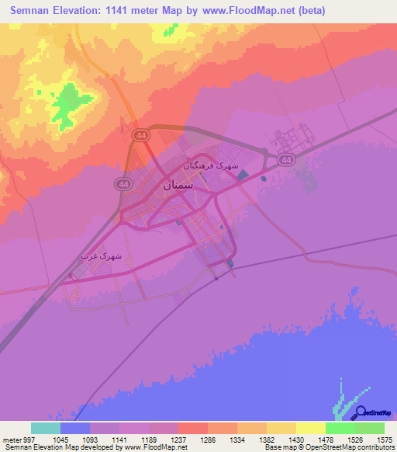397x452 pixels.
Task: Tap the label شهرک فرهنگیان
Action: [x=206, y=166]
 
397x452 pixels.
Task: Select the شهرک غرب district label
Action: [x=98, y=256]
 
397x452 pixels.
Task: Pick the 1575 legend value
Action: [x=385, y=439]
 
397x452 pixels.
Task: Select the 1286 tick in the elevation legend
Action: [x=208, y=439]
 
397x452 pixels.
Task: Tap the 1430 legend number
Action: [x=296, y=439]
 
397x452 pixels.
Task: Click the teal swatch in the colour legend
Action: [x=46, y=428]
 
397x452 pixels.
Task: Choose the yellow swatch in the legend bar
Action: [x=311, y=428]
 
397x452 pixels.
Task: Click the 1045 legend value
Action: [x=60, y=439]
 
